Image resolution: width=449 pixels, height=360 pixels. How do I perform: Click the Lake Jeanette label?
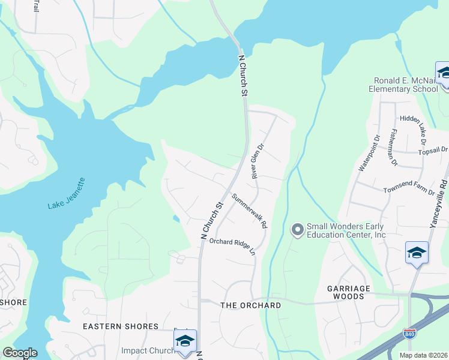67,193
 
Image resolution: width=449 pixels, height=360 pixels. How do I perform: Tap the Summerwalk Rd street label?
249,211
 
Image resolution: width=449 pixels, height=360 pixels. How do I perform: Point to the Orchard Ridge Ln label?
232,245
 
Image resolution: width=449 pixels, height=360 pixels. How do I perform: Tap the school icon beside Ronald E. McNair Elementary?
444,74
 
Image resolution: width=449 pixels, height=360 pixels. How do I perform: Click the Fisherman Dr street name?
393,147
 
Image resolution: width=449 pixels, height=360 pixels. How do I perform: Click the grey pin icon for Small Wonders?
297,230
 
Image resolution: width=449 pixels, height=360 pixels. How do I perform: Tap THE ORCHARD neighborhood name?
250,305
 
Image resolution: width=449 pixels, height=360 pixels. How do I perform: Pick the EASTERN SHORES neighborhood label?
120,326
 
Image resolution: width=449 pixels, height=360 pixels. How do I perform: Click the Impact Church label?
146,350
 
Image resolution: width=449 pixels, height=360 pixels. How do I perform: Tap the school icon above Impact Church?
185,341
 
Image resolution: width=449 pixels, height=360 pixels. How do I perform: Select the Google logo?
20,352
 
